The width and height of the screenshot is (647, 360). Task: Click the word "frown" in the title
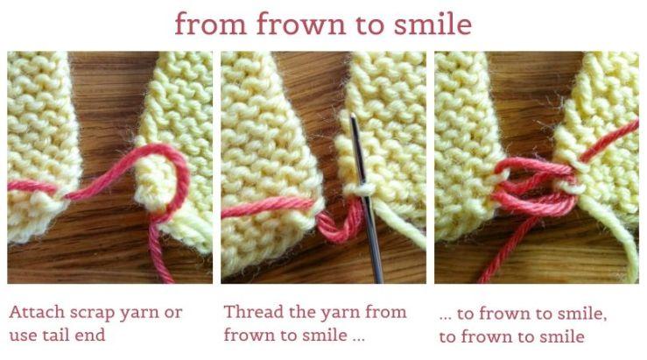pos(301,23)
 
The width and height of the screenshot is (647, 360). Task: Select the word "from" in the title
pos(210,23)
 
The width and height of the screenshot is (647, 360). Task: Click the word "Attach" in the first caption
pos(37,312)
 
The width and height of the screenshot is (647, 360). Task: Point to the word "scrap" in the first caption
pos(92,314)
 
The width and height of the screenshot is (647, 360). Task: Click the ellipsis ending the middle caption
pos(359,339)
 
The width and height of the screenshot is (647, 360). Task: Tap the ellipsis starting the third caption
pos(446,318)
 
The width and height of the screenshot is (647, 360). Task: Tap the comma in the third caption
pos(604,318)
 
